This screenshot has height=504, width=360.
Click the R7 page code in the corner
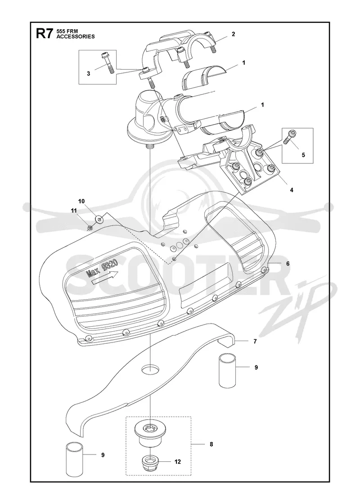45,34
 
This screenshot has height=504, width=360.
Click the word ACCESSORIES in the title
76,36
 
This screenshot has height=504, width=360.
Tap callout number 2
234,34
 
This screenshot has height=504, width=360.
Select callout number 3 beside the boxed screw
88,73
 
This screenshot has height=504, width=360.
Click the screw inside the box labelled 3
108,63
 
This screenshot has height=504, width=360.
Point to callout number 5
303,155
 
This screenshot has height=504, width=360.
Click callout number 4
292,190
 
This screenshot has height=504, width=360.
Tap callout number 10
81,201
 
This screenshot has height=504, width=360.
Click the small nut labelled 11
90,228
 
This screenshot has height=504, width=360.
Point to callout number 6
288,264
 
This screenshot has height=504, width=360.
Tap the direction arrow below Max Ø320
105,277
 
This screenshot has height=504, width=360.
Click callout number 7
255,342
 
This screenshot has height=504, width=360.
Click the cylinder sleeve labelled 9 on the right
228,370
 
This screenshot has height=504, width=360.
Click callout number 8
211,444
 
